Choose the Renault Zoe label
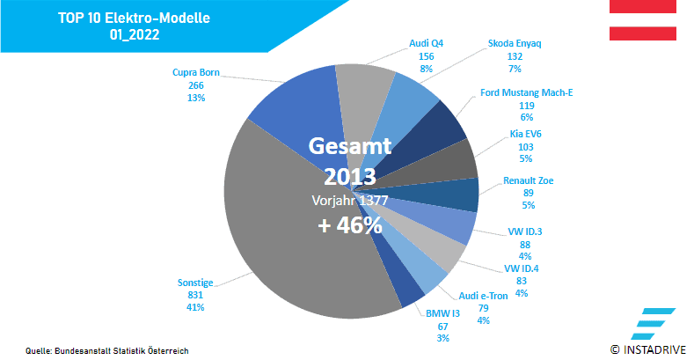coord(528,181)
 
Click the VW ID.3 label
coord(524,231)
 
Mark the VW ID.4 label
coord(521,269)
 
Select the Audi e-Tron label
coord(483,296)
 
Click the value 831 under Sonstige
coord(195,296)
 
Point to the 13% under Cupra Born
coord(195,98)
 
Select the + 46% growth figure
coord(349,225)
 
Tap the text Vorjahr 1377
coord(349,200)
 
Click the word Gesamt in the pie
coord(349,145)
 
